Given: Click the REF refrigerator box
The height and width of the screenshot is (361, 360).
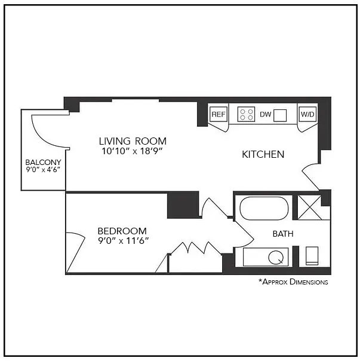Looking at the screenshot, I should coord(219,114).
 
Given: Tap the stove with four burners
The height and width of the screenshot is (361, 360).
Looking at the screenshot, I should coord(247,114).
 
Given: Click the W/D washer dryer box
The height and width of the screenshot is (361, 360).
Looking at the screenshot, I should coord(307,114).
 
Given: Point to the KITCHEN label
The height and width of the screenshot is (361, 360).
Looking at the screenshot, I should coord(263,154).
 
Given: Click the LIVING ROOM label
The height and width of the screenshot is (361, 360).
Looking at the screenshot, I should coord(133,141).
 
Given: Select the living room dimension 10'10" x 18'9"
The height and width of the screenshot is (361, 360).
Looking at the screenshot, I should coord(133,151).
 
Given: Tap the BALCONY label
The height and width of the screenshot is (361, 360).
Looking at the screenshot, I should coord(43,162).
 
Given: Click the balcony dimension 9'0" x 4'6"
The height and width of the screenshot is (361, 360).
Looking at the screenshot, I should coord(43,170).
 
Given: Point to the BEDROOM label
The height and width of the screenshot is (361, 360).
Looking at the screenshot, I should coord(122,231).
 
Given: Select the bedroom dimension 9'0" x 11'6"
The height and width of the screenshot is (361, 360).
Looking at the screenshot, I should coord(122,240).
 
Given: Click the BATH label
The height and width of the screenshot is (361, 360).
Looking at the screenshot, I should coord(283,234).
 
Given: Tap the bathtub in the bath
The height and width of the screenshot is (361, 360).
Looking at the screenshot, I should coord(264,209).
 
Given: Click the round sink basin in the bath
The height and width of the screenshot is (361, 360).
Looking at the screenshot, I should coord(276,258).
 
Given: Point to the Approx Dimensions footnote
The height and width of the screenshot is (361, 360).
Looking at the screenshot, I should coord(293,282).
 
